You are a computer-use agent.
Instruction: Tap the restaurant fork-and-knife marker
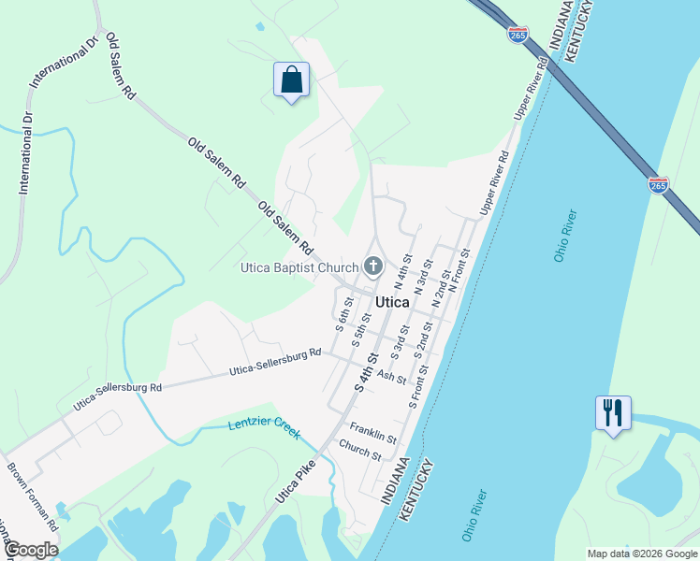click(613, 412)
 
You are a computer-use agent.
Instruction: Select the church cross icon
click(372, 268)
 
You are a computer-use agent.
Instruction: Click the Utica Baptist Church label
click(299, 268)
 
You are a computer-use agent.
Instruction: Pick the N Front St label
click(459, 272)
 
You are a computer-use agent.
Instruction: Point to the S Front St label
click(417, 386)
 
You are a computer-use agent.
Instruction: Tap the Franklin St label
click(374, 432)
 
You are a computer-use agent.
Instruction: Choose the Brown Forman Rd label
click(34, 496)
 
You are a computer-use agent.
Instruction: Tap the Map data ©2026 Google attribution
click(641, 554)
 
